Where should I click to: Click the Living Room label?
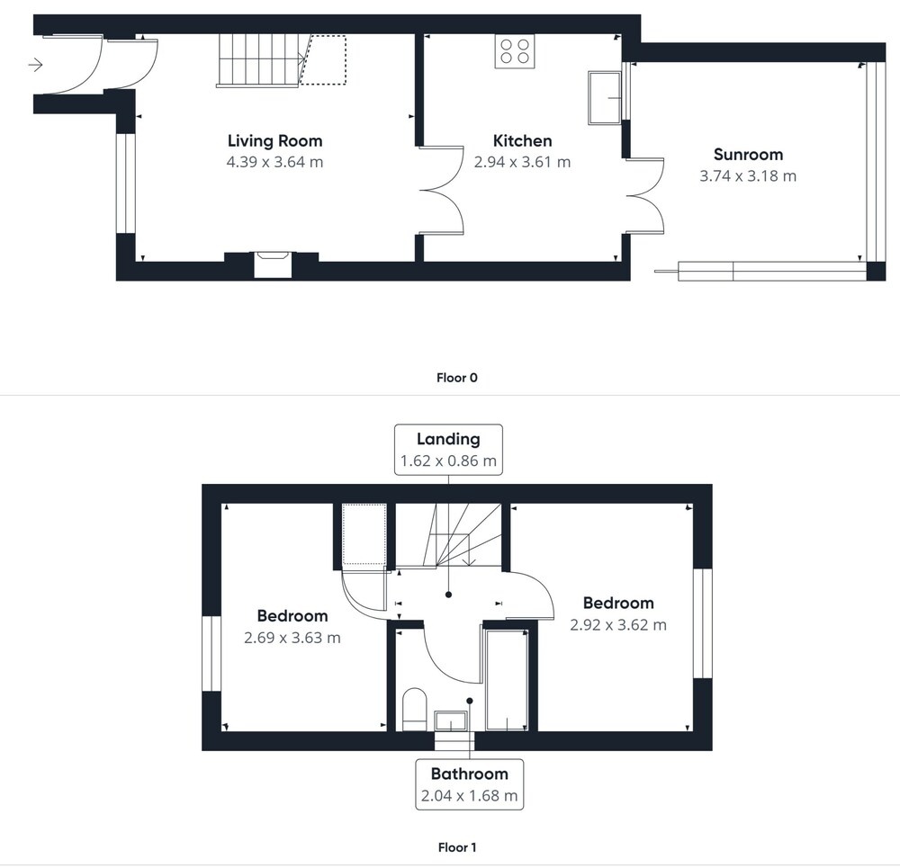[x=274, y=141]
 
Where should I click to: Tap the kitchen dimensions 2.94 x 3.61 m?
[x=522, y=162]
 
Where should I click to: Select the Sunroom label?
[x=749, y=155]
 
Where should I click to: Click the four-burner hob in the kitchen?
[x=515, y=51]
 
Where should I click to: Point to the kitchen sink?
[x=605, y=97]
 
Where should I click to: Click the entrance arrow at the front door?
[x=36, y=65]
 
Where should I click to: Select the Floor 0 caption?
[x=457, y=378]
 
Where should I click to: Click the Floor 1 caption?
[x=457, y=847]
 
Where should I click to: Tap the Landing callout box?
[x=448, y=450]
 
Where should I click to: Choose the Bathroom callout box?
[x=470, y=784]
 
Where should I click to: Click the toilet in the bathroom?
[x=414, y=709]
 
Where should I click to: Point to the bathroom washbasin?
[x=452, y=721]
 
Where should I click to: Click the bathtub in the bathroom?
[x=507, y=680]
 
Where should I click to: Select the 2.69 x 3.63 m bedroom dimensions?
[x=292, y=638]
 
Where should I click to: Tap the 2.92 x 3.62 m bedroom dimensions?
[x=618, y=625]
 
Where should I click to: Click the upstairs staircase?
[x=448, y=536]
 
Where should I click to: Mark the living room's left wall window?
[x=126, y=183]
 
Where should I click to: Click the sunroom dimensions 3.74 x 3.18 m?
[x=748, y=176]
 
